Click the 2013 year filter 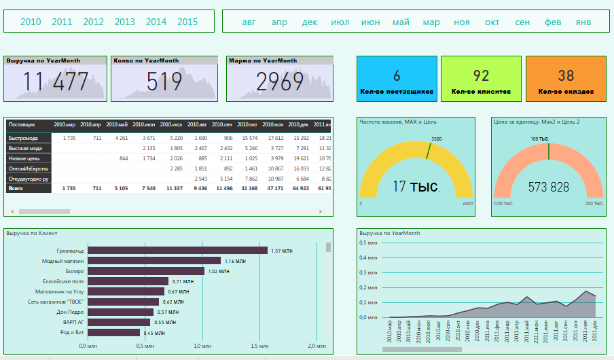click(124, 22)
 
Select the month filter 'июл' click(340, 22)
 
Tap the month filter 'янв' click(583, 22)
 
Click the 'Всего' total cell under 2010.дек click(301, 188)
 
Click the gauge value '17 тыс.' click(416, 186)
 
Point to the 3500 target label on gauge click(436, 139)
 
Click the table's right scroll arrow click(320, 212)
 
